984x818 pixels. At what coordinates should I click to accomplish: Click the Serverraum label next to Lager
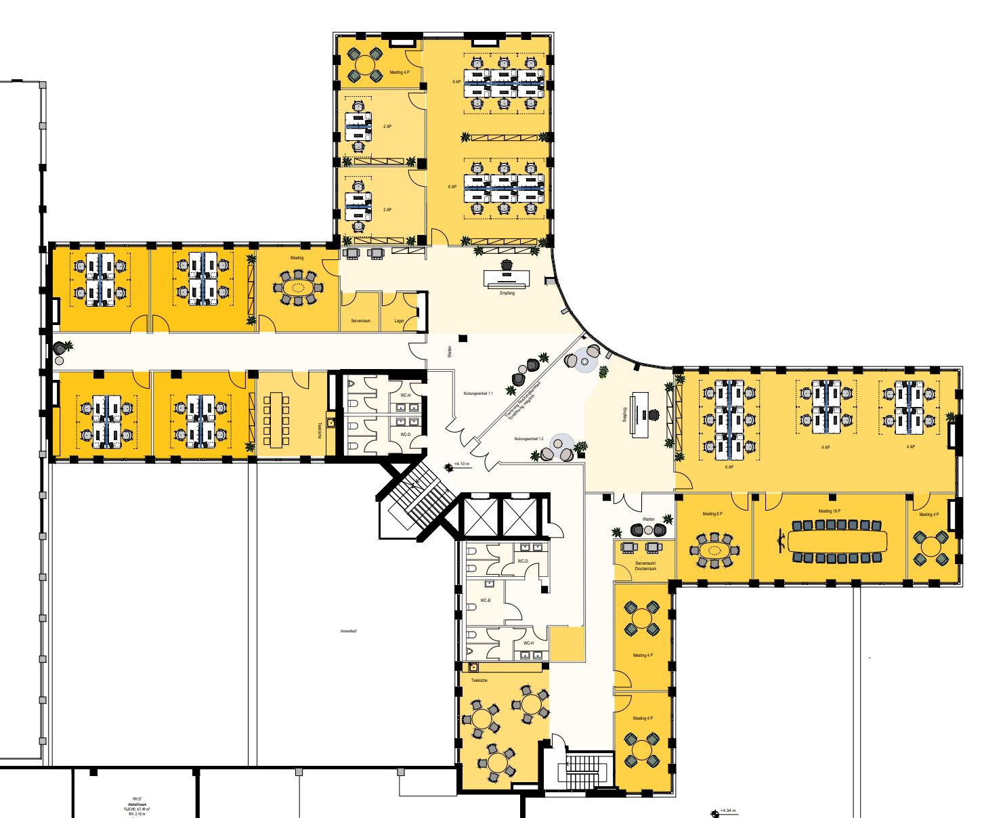pos(359,320)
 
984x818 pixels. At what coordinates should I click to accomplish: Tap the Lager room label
pos(400,320)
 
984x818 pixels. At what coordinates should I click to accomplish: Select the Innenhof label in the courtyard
pos(348,631)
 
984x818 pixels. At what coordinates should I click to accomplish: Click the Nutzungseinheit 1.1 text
pos(478,393)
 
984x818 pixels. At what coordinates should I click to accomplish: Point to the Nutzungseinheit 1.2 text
pos(528,439)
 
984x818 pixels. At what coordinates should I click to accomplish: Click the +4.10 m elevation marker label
pos(461,464)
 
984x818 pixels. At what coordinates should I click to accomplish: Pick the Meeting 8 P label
pos(712,514)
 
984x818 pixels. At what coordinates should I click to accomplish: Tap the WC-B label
pos(485,601)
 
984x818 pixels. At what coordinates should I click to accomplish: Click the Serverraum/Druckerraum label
pos(645,566)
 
